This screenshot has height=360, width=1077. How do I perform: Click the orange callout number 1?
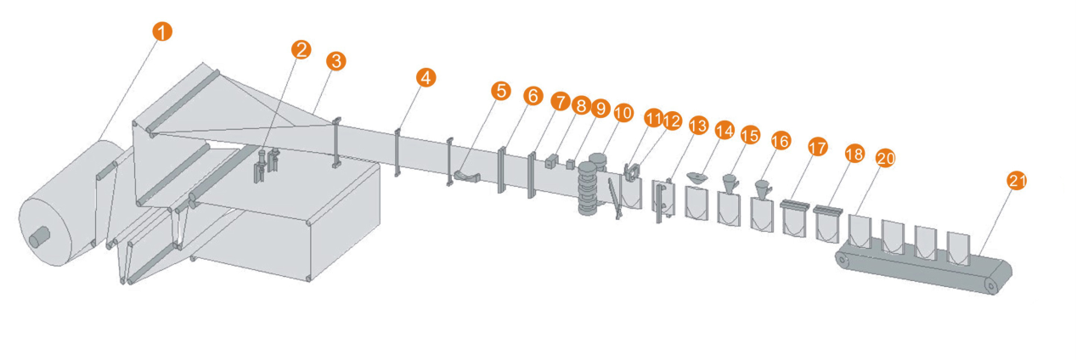(x=162, y=32)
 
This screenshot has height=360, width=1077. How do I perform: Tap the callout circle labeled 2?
(x=301, y=50)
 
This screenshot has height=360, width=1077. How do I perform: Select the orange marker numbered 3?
(x=336, y=61)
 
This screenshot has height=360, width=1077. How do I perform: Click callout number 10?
(x=623, y=111)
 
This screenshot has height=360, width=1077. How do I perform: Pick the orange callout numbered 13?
(x=698, y=126)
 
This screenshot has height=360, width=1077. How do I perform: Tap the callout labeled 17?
(x=818, y=147)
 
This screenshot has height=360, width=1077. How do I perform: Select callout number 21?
(x=1016, y=180)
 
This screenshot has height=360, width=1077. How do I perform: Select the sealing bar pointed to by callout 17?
(x=792, y=205)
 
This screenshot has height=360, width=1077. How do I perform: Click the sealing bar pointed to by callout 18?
(x=826, y=211)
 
